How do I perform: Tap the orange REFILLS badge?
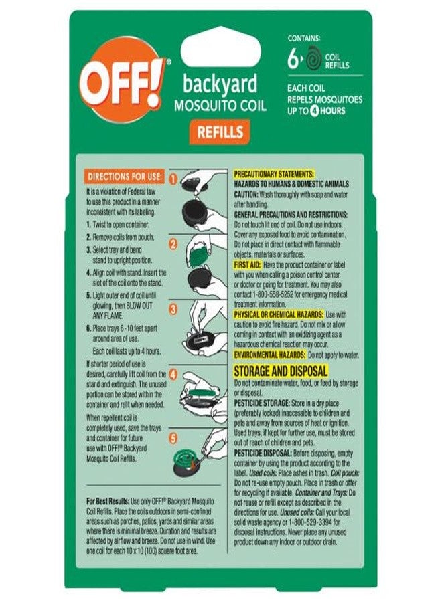220,132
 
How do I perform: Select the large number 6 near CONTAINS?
291,66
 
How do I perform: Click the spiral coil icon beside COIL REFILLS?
312,66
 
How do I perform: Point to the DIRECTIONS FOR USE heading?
124,177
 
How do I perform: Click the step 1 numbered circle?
172,179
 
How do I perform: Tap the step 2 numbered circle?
172,244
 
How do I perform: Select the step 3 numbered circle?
172,309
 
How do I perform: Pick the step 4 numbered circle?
172,375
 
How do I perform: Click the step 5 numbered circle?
172,439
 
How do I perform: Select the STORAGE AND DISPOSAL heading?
280,371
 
